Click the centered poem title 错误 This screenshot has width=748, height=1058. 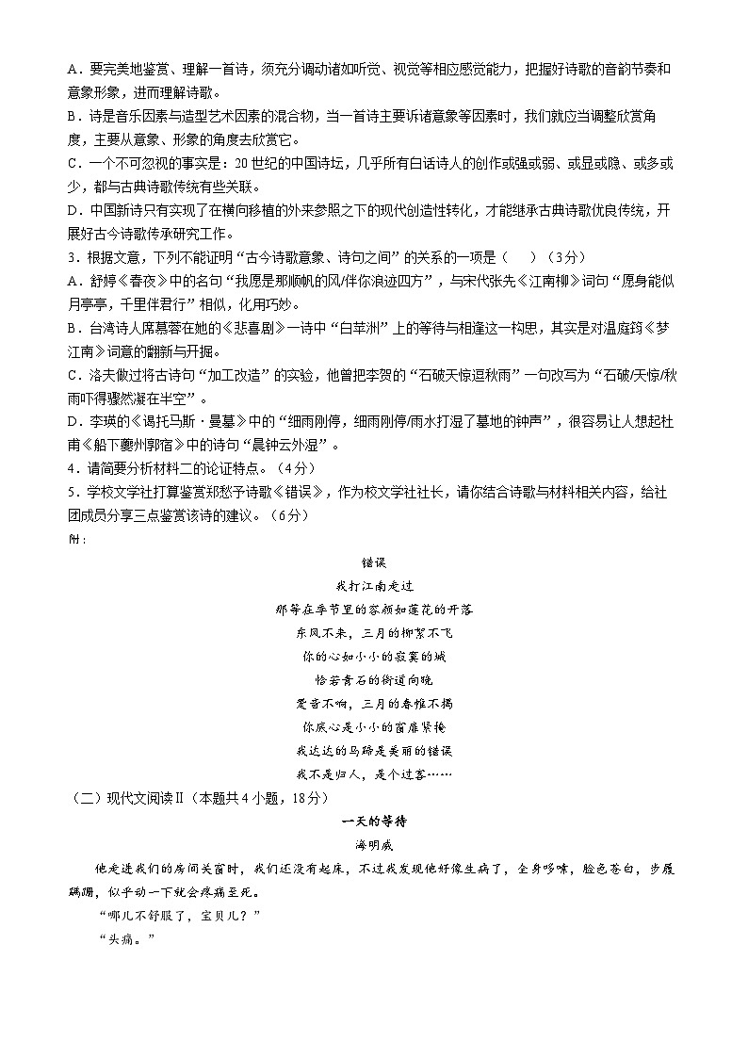tap(375, 562)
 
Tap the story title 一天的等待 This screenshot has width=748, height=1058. tap(374, 822)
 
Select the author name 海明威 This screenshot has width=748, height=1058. tap(374, 844)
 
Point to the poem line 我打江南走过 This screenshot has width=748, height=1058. tap(374, 586)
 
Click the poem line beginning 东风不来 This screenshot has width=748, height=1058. tap(374, 632)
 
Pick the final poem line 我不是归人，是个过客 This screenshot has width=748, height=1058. tap(374, 773)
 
